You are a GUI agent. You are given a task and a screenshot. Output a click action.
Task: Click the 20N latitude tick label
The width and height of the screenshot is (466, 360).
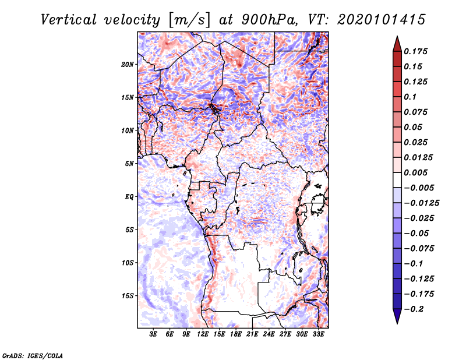pos(128,64)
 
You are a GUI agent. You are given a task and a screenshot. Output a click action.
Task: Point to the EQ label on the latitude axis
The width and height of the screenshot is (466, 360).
pos(129,197)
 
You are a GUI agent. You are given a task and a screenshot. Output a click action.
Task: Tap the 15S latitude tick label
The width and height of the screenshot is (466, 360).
pos(128,296)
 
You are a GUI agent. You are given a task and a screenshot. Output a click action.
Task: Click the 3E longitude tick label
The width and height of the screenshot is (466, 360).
pos(154,334)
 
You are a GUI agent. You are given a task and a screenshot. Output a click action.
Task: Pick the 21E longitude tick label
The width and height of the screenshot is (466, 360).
pos(252,334)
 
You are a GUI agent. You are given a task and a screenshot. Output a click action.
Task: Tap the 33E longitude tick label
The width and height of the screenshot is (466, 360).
pos(318,334)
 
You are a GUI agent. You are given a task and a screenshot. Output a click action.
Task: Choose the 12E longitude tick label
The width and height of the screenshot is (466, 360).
pos(203,334)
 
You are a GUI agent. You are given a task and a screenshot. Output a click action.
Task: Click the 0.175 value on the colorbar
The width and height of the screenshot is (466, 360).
pos(417,51)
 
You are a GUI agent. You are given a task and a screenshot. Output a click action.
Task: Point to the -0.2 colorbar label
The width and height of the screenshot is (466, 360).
pos(415,309)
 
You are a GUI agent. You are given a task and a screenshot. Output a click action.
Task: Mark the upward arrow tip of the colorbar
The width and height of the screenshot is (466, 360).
pos(397,38)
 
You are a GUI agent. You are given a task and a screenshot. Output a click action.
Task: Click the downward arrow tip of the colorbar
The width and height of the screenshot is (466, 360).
pos(397,322)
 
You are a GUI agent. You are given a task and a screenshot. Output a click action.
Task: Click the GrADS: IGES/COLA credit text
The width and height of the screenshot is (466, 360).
pos(32,355)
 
